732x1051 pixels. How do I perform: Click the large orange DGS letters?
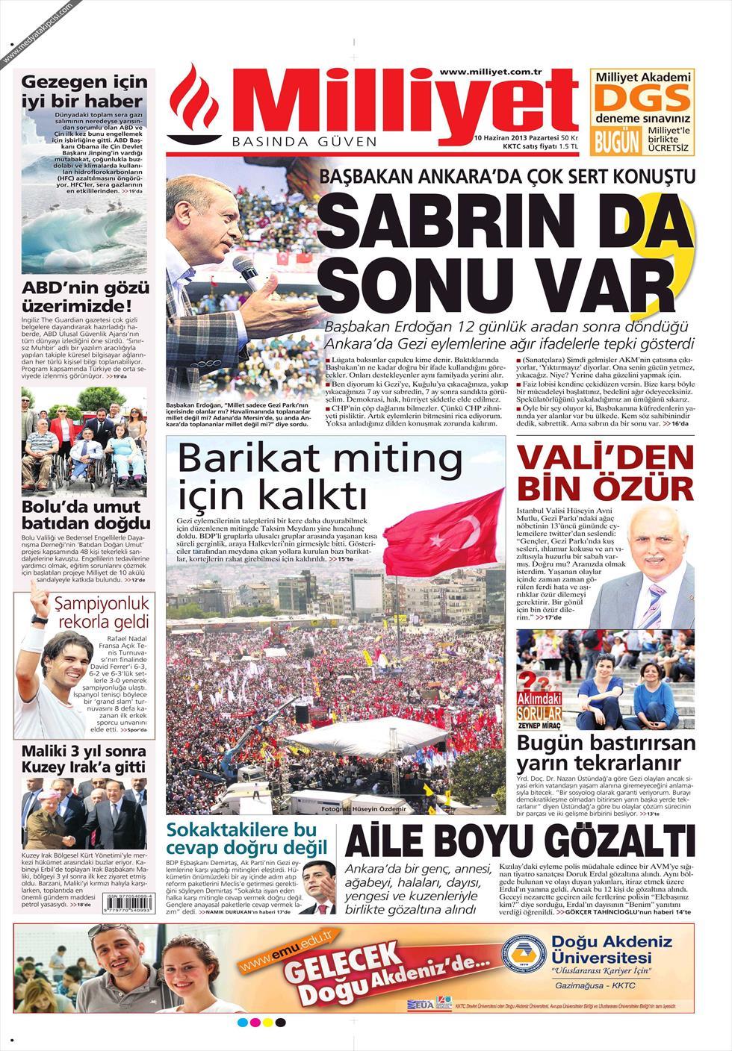click(642, 99)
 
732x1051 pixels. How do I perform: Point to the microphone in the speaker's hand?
click(246, 270)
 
